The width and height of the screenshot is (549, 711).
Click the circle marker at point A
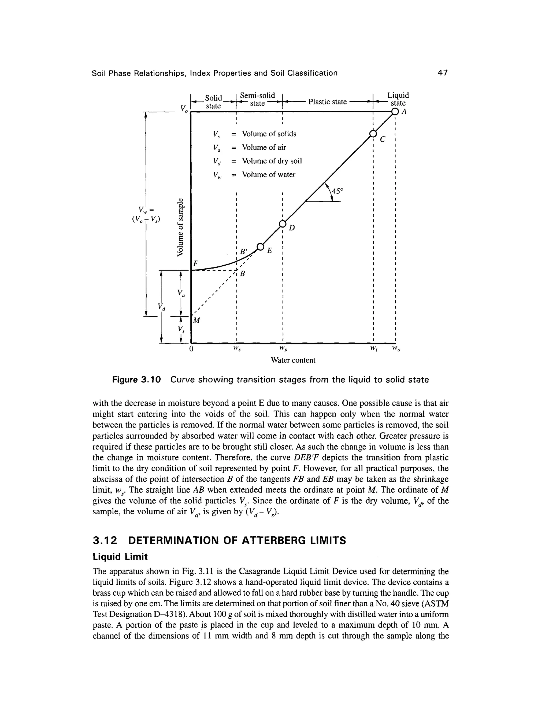pos(395,112)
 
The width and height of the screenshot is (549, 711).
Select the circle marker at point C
pos(373,134)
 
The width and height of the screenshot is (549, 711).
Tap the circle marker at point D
pos(283,224)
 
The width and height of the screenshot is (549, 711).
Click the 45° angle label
pos(337,191)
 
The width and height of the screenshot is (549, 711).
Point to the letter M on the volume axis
pos(197,321)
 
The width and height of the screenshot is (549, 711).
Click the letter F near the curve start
pos(195,263)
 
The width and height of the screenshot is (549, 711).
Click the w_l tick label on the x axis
pos(373,349)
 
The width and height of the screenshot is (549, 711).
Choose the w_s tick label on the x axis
pos(237,349)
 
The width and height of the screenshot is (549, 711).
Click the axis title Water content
pos(293,360)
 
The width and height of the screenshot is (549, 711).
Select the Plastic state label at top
pos(327,102)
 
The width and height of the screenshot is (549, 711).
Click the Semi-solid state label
pos(257,99)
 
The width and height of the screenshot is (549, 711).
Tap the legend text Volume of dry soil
pos(272,161)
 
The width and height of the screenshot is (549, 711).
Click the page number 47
pos(443,73)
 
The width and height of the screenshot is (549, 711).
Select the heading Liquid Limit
pos(120,557)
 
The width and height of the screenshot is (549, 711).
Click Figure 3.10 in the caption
pos(137,380)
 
